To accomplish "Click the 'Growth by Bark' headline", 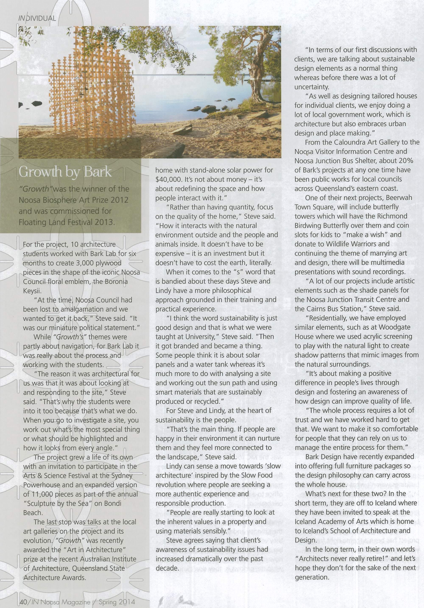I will pos(65,172).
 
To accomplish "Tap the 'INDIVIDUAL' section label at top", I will pos(37,18).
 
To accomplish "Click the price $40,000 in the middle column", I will pos(168,179).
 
